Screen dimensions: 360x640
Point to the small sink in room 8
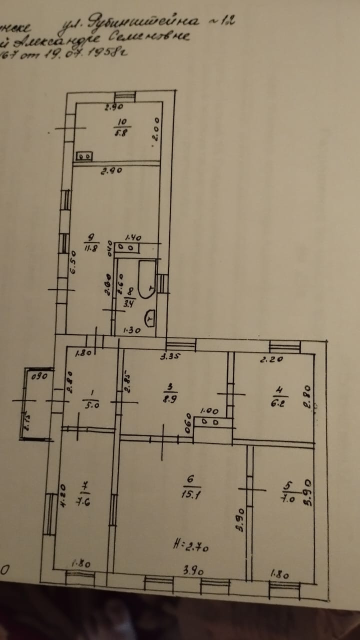[x=150, y=317]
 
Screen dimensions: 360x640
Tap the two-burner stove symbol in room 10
[x=83, y=156]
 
